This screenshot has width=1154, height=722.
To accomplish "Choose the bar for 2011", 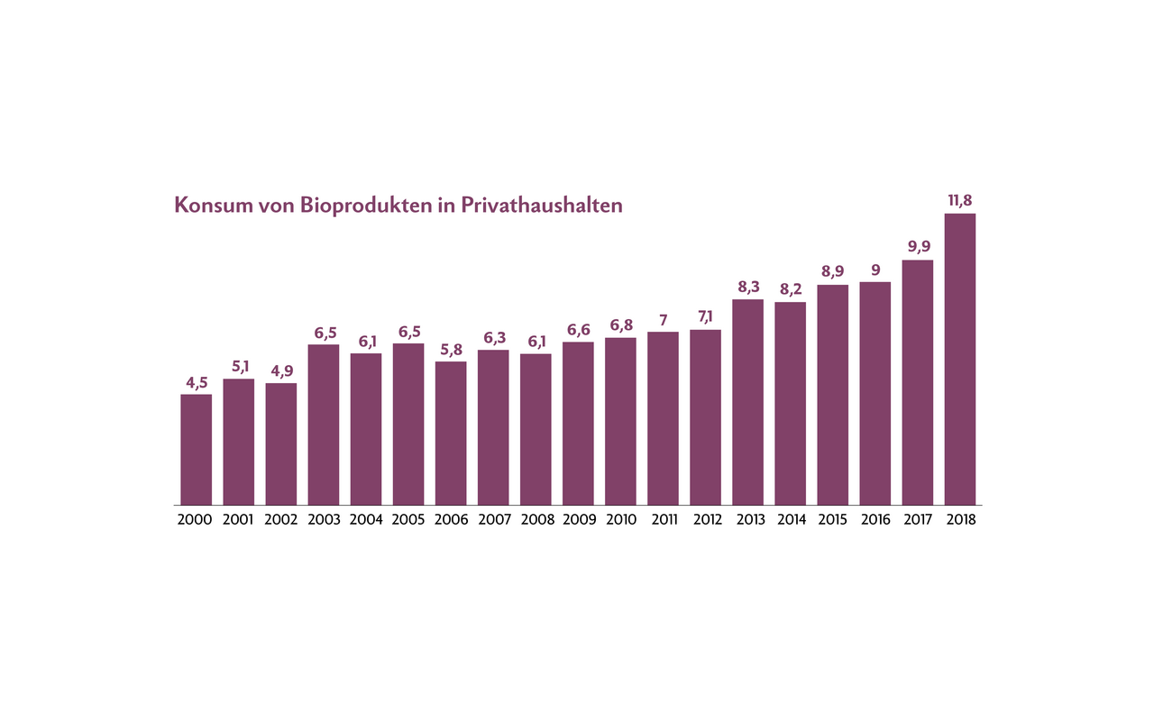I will tap(663, 418).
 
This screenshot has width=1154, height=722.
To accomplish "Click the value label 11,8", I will tap(960, 199).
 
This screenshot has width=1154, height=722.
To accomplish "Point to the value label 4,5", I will tap(197, 381).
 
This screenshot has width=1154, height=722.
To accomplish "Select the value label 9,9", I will tap(918, 247).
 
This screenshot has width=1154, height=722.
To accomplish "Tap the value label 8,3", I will tap(747, 287).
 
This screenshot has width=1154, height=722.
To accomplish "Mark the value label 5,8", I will tap(451, 349).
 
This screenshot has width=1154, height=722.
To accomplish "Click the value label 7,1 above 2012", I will tap(705, 317).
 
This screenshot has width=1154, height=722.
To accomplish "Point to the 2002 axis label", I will tap(281, 520).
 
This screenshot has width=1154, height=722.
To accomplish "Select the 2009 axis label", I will tap(578, 520).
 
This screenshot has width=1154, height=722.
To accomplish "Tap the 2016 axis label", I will tap(875, 520).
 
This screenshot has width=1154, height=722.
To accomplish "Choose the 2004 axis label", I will tap(366, 520).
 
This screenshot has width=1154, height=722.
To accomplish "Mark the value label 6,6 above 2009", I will tap(578, 329).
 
